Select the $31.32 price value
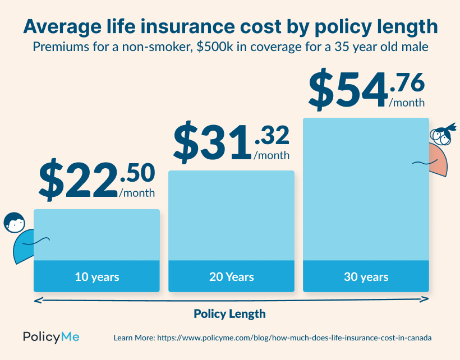pos(231,142)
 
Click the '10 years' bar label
pos(96,277)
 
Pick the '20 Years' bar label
pos(231,277)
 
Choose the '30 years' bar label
pos(366,277)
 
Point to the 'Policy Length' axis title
pos(229,313)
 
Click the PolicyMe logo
pos(51,337)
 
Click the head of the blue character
pos(14,222)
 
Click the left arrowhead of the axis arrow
pos(36,301)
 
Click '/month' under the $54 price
pos(407,103)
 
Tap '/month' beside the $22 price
pos(137,193)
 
